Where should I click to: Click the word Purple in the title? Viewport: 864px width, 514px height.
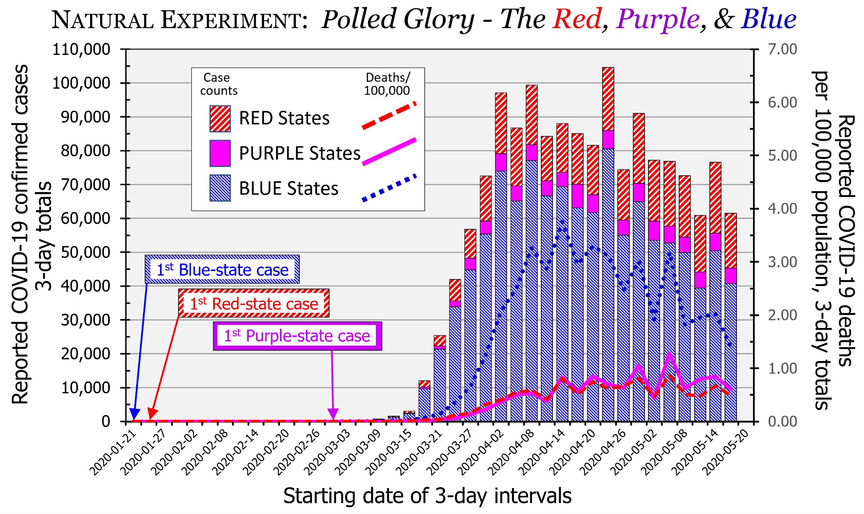coord(658,20)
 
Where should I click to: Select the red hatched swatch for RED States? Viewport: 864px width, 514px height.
coord(220,119)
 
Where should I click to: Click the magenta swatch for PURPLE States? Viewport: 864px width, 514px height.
coord(220,153)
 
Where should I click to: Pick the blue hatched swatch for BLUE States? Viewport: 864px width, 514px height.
coord(220,188)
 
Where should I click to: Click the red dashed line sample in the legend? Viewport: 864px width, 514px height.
coord(389,116)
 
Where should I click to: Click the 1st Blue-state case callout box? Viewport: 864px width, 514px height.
coord(222,270)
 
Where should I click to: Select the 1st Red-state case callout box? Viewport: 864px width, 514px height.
coord(254,303)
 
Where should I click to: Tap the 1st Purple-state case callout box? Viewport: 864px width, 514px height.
coord(297,336)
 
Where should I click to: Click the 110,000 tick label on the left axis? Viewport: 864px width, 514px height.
coord(81,50)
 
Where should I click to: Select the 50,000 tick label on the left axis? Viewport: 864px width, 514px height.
coord(85,252)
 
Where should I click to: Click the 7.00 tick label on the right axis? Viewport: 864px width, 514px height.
coord(782,49)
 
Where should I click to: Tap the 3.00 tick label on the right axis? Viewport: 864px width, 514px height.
coord(782,262)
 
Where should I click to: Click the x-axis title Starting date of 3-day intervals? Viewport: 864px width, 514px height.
coord(427,496)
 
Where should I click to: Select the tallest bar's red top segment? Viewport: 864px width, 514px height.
coord(608,99)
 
